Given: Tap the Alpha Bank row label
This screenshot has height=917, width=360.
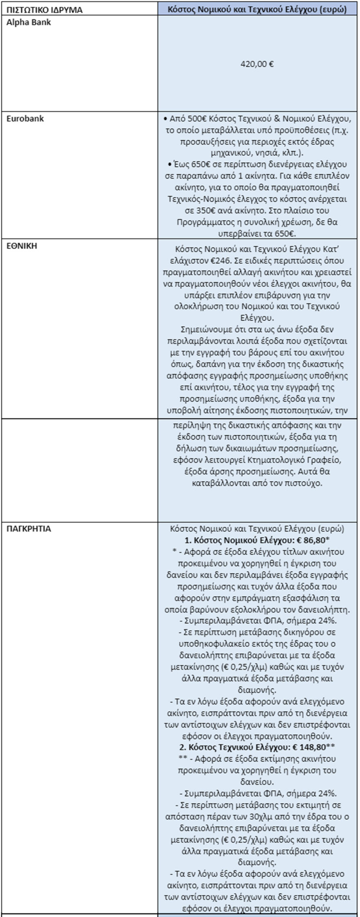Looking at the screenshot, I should click(x=29, y=22).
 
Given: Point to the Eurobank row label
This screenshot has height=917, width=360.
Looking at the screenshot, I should click(x=25, y=119).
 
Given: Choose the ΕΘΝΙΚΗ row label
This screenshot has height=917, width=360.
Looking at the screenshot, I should click(x=22, y=246).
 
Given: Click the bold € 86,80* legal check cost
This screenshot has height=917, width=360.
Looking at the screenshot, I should click(x=313, y=540).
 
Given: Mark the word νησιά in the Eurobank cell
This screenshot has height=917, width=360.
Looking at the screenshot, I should click(x=243, y=153).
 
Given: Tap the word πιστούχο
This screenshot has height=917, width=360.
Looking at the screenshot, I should click(x=307, y=483).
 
